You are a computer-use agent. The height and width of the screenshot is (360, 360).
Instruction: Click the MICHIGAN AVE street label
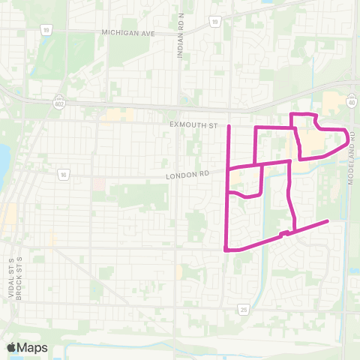click(127, 34)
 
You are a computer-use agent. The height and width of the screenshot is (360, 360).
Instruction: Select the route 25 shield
click(243, 308)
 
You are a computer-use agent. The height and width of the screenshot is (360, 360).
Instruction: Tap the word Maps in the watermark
click(33, 347)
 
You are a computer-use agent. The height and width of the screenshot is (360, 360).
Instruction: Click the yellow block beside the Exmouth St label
click(120, 115)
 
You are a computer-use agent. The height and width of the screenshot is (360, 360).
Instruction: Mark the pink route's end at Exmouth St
click(229, 127)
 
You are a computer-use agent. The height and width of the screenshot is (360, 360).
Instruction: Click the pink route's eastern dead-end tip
click(328, 221)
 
